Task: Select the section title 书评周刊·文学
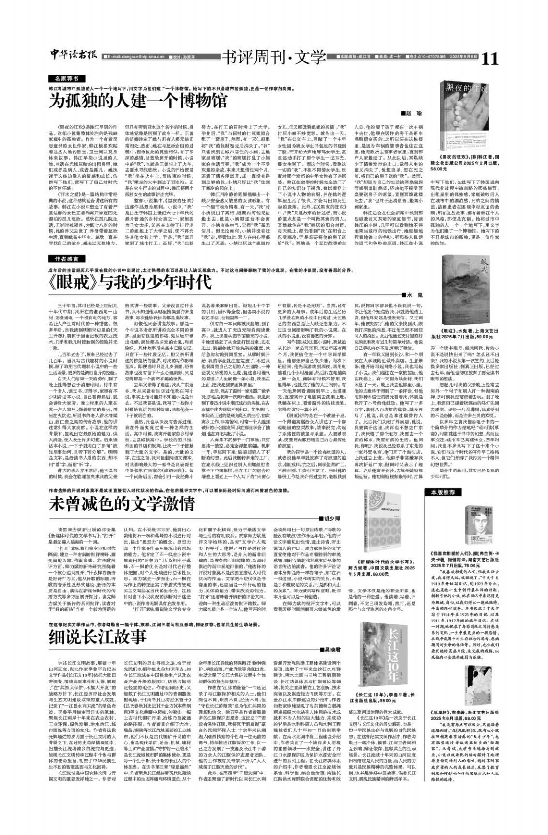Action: coord(273,58)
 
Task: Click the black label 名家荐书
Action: coord(66,78)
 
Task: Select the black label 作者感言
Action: coord(66,259)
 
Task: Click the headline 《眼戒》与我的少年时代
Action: coord(131,282)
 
